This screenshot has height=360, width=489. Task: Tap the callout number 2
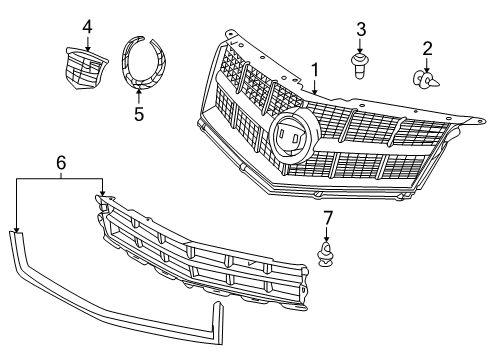click(427, 47)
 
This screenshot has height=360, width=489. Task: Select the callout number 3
click(361, 28)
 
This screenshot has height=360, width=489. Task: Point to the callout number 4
click(87, 25)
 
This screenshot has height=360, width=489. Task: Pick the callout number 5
click(138, 113)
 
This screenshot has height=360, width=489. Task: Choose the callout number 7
click(327, 218)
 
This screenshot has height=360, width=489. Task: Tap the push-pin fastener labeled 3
click(361, 67)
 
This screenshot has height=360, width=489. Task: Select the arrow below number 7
click(327, 235)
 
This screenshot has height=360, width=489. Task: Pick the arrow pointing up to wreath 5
click(138, 95)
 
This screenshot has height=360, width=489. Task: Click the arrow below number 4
click(87, 42)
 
